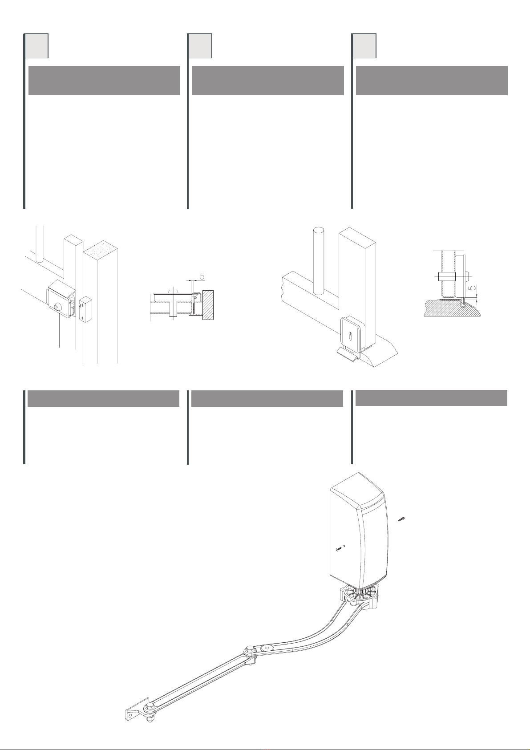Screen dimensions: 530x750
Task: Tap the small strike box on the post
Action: [x=85, y=309]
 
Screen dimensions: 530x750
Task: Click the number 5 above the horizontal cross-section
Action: [x=202, y=276]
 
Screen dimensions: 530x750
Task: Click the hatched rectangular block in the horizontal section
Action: [x=208, y=304]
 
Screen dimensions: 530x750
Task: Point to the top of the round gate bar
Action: [x=319, y=231]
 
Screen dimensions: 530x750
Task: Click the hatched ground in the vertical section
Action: [x=452, y=308]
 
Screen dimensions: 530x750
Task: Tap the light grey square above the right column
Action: [x=364, y=45]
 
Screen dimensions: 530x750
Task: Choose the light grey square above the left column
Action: [x=36, y=45]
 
